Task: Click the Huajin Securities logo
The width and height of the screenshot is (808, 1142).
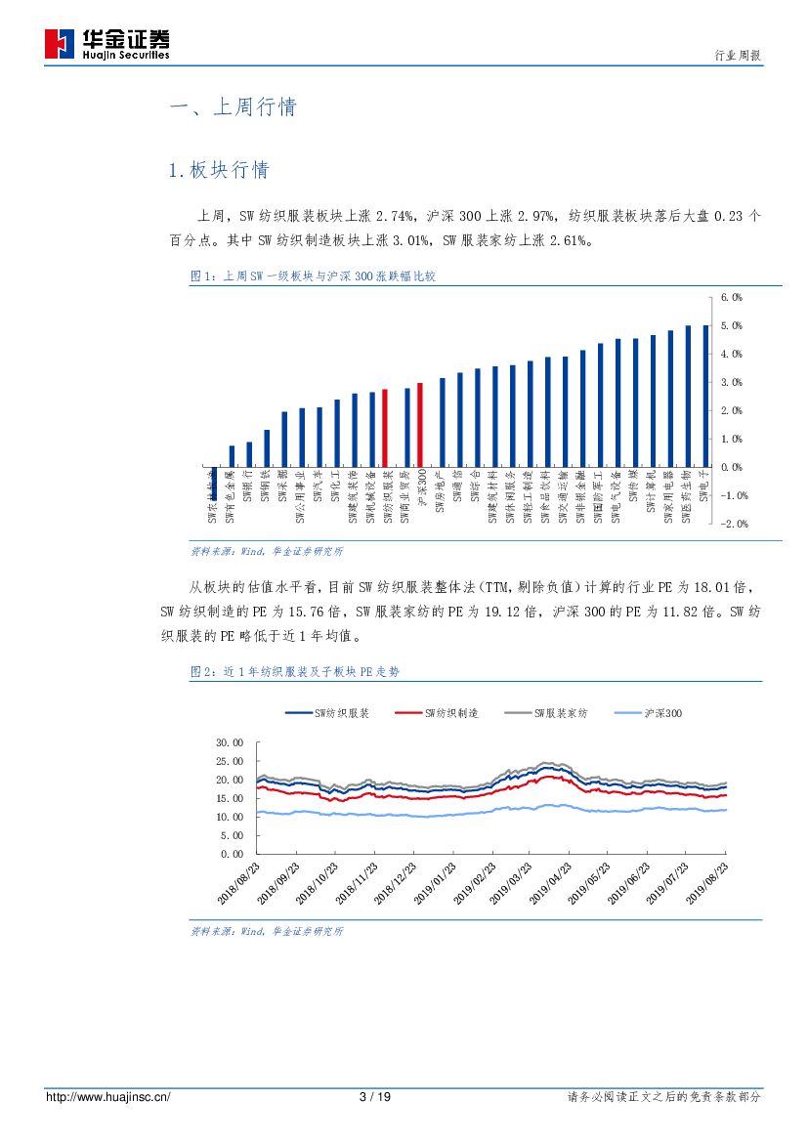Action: coord(107,44)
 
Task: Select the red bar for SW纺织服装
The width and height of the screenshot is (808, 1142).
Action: coord(384,428)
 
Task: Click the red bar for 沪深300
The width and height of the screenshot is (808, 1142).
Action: coord(420,425)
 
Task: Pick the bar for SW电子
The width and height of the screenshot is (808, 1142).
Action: coord(705,396)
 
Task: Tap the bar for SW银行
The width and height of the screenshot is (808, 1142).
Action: coord(249,454)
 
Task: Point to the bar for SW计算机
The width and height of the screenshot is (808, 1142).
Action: coord(653,401)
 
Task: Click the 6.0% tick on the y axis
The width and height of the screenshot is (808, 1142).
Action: coord(732,296)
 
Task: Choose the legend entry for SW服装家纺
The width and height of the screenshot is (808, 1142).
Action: coord(547,714)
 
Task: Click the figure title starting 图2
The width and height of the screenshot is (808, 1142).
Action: coord(294,672)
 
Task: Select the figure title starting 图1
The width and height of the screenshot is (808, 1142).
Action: coord(312,277)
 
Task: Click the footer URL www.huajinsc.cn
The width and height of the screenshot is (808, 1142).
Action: coord(108,1097)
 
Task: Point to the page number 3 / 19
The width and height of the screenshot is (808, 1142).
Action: coord(375,1097)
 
